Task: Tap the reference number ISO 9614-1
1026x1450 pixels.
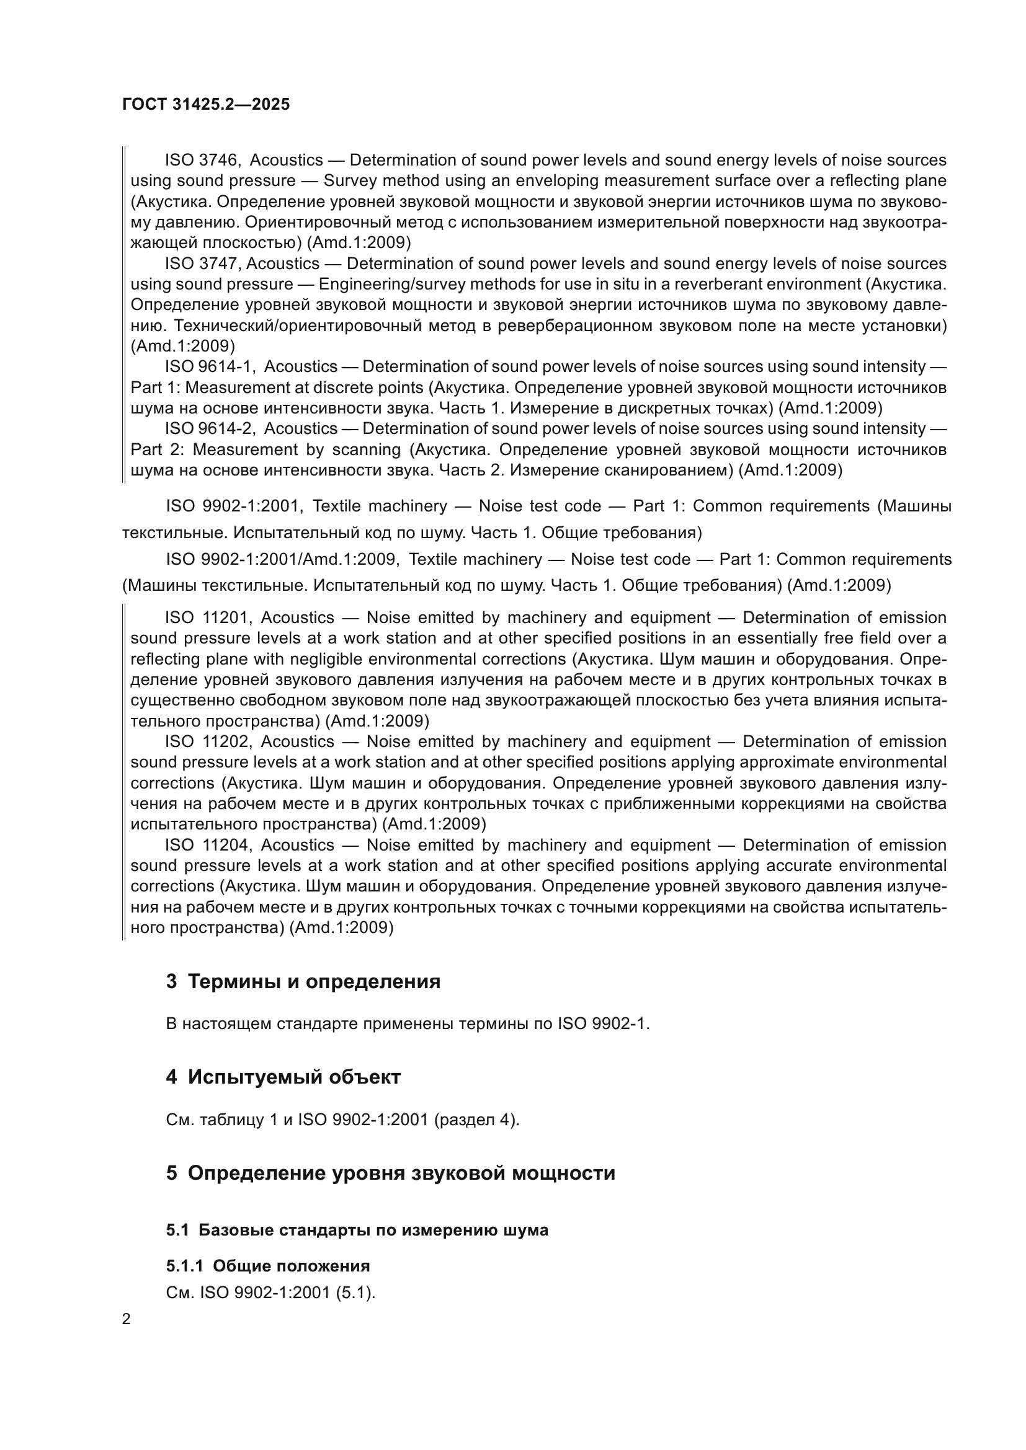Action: tap(208, 366)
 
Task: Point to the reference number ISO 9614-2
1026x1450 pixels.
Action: tap(208, 428)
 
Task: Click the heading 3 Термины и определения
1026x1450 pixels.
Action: tap(303, 981)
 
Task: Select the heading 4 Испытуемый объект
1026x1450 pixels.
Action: tap(283, 1076)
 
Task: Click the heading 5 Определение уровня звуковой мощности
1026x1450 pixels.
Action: tap(390, 1173)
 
